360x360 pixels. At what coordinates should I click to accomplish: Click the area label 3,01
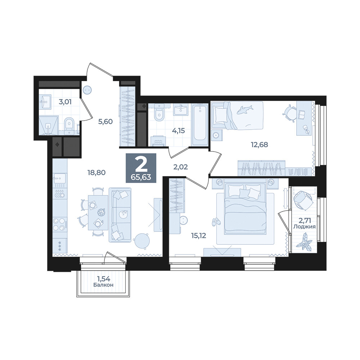pyautogui.click(x=65, y=102)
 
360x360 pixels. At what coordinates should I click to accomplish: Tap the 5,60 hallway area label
pyautogui.click(x=105, y=121)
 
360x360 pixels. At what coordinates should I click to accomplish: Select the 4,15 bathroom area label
pyautogui.click(x=179, y=131)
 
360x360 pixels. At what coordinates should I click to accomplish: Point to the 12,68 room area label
pyautogui.click(x=260, y=145)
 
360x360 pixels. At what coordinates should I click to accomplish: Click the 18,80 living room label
pyautogui.click(x=96, y=172)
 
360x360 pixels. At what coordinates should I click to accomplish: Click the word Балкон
pyautogui.click(x=104, y=285)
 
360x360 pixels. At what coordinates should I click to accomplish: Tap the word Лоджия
pyautogui.click(x=305, y=227)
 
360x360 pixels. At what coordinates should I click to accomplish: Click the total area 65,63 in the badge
pyautogui.click(x=141, y=177)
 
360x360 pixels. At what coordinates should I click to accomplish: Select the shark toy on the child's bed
pyautogui.click(x=245, y=109)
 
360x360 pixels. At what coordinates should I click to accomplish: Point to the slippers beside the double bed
pyautogui.click(x=215, y=221)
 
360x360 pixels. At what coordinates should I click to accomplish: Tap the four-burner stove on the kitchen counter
pyautogui.click(x=60, y=224)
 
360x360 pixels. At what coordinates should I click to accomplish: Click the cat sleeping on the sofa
pyautogui.click(x=123, y=214)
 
